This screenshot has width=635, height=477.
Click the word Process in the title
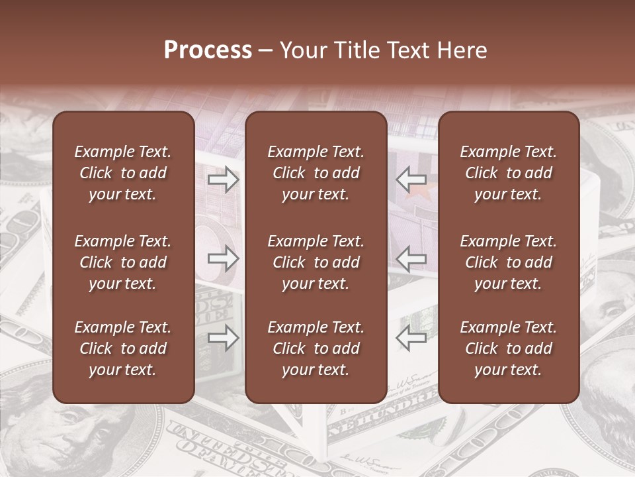click(x=208, y=50)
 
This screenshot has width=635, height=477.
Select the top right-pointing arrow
click(x=224, y=179)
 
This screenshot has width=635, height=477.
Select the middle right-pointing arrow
click(x=224, y=258)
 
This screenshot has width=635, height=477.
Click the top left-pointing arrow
click(x=411, y=179)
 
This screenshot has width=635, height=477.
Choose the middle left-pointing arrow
click(x=411, y=258)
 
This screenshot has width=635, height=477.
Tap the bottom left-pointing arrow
click(x=411, y=338)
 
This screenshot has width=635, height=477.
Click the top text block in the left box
click(x=123, y=173)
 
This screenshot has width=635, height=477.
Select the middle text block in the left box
click(x=123, y=262)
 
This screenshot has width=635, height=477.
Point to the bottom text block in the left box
click(x=123, y=348)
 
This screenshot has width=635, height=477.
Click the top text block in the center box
click(x=316, y=173)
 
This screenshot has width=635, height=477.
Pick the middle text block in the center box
click(x=316, y=262)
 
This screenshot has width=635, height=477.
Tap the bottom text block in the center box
click(x=316, y=348)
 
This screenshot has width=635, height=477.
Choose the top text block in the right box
click(x=508, y=173)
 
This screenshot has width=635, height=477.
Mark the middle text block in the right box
click(x=508, y=262)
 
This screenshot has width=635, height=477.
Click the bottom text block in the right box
click(x=508, y=348)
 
